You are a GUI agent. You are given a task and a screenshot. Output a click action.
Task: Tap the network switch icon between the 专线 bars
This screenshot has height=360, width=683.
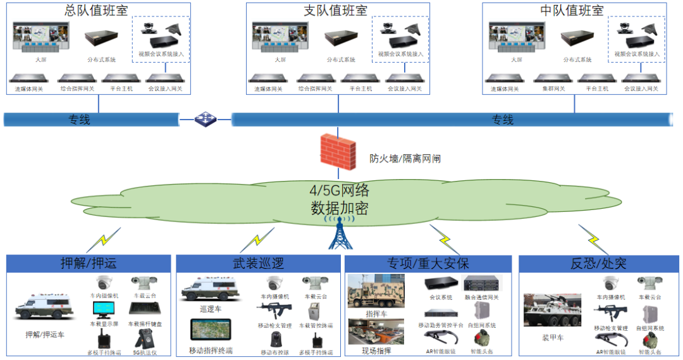click(206, 118)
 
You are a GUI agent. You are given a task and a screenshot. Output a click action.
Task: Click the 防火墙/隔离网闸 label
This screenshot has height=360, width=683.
click(405, 159)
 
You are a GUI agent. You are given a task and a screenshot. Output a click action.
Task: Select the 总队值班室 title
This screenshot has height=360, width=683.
click(97, 10)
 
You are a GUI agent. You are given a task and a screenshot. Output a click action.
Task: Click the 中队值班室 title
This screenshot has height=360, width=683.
click(572, 10)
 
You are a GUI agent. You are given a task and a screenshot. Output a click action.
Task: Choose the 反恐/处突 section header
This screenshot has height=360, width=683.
click(598, 263)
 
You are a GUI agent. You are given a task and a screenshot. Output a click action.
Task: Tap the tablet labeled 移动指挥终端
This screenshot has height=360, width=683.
click(211, 330)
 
